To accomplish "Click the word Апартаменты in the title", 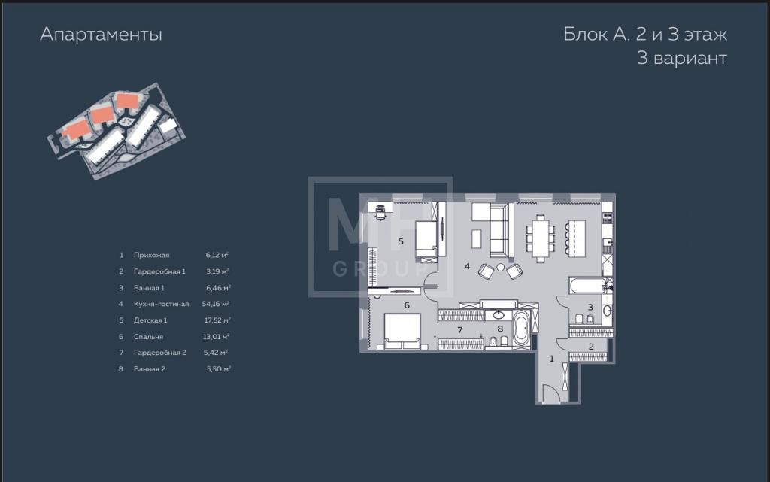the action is tap(101, 35).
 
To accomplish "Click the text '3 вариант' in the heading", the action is tap(681, 58).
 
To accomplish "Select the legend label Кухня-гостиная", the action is tap(161, 304).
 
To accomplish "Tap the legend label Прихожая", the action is tap(151, 255).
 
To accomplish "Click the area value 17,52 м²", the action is tap(217, 320).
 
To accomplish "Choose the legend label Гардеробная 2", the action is tap(159, 353).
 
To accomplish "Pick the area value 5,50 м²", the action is tap(218, 368).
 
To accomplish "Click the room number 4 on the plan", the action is tap(467, 266).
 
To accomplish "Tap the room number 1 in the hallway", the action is tap(551, 359).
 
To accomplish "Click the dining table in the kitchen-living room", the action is tap(540, 238).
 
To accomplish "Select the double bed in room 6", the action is tap(403, 332).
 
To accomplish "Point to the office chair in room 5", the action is tap(380, 213).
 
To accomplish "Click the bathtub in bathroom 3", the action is tap(587, 286).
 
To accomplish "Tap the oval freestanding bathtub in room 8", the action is tap(520, 329).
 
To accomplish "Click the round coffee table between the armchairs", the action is tap(500, 268).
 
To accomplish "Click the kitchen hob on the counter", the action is tap(608, 217).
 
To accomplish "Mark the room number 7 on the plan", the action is tap(459, 330).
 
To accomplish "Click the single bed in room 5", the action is tap(426, 241).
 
